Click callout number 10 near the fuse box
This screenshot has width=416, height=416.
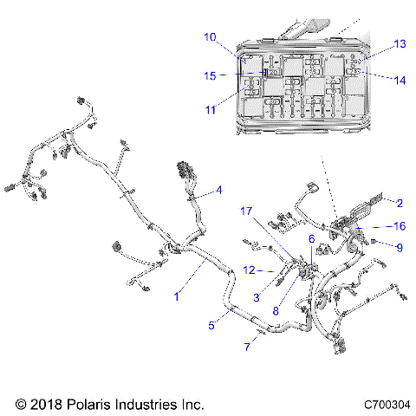(x=211, y=37)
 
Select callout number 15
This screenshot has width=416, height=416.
(x=210, y=75)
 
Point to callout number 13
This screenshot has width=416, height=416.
(x=400, y=43)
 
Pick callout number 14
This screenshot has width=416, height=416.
(x=400, y=80)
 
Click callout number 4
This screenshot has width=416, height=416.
(x=219, y=190)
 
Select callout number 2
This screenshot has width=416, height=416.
(x=400, y=204)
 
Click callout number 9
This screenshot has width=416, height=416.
(x=400, y=247)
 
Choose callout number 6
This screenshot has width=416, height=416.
(x=312, y=238)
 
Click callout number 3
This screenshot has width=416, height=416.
(x=257, y=298)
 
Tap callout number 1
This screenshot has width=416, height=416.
(x=177, y=296)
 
